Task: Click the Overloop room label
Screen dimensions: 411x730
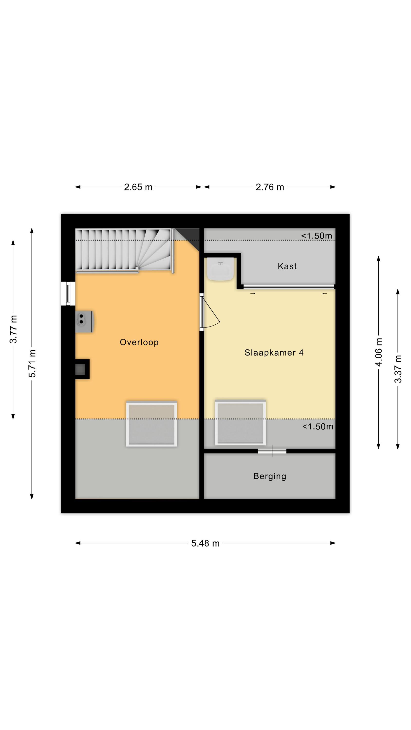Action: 139,342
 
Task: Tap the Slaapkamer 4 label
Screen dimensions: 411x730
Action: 274,353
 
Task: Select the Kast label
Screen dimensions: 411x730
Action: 287,266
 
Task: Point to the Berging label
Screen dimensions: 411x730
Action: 270,476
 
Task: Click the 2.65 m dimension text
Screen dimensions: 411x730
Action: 138,187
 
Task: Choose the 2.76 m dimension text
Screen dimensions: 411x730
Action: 270,187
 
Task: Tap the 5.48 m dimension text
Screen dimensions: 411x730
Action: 205,543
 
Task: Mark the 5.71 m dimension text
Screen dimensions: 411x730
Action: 32,363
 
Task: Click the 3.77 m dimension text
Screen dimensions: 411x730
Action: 13,329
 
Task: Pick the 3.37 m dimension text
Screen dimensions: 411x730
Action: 398,369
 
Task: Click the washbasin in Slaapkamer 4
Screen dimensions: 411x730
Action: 220,269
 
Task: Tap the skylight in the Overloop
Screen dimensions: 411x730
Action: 152,424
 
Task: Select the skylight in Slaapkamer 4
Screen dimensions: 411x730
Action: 240,422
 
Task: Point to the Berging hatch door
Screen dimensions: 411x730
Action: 272,451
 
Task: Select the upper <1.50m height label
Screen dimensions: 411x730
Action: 317,236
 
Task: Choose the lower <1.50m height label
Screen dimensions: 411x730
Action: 318,427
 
